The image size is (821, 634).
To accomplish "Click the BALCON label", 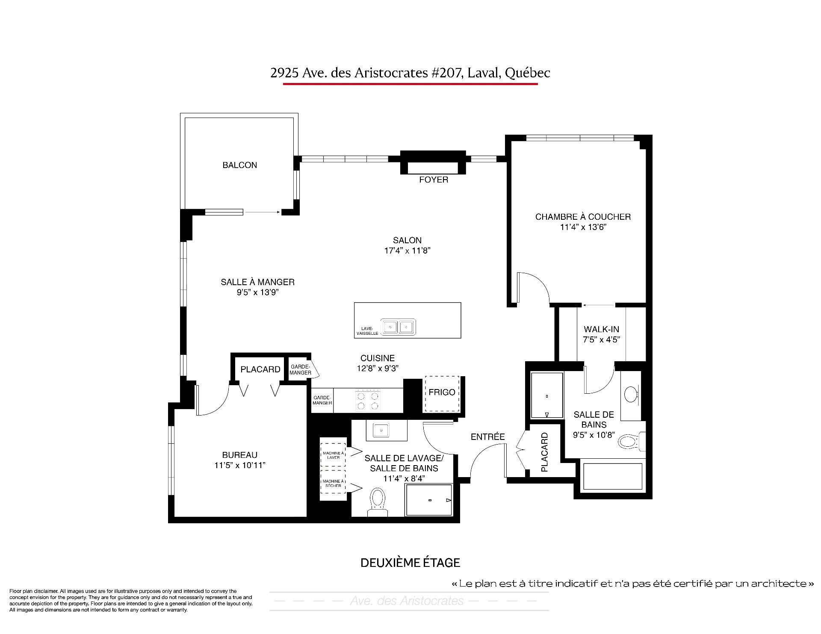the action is (x=239, y=165).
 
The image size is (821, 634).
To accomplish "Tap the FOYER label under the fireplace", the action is (x=434, y=180).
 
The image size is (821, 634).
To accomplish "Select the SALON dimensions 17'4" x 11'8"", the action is (x=407, y=251).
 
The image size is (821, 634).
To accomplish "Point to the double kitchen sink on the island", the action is (x=399, y=327).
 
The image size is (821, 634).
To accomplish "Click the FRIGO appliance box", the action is (x=442, y=394).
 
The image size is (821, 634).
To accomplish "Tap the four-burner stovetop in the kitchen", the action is (x=368, y=401).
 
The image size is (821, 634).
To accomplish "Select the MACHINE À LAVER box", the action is (x=333, y=455).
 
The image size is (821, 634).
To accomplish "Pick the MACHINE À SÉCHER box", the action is (x=333, y=483).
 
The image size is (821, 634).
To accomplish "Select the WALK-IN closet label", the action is (x=601, y=329).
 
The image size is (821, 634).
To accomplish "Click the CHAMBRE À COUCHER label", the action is (x=583, y=217).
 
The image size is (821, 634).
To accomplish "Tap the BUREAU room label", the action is (x=239, y=455).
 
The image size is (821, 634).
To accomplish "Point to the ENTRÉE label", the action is (x=487, y=436).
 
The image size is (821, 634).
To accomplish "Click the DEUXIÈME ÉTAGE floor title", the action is (x=410, y=563).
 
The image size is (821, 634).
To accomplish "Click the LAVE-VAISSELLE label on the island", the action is (x=367, y=331).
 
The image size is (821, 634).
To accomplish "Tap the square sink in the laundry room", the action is (x=380, y=430).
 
